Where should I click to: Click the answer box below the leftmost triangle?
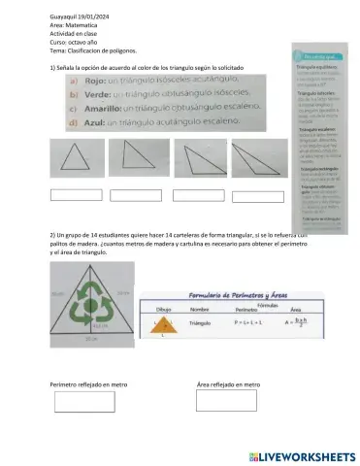[75, 194]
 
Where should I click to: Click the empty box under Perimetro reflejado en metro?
[76, 400]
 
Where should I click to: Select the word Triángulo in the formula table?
[201, 322]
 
